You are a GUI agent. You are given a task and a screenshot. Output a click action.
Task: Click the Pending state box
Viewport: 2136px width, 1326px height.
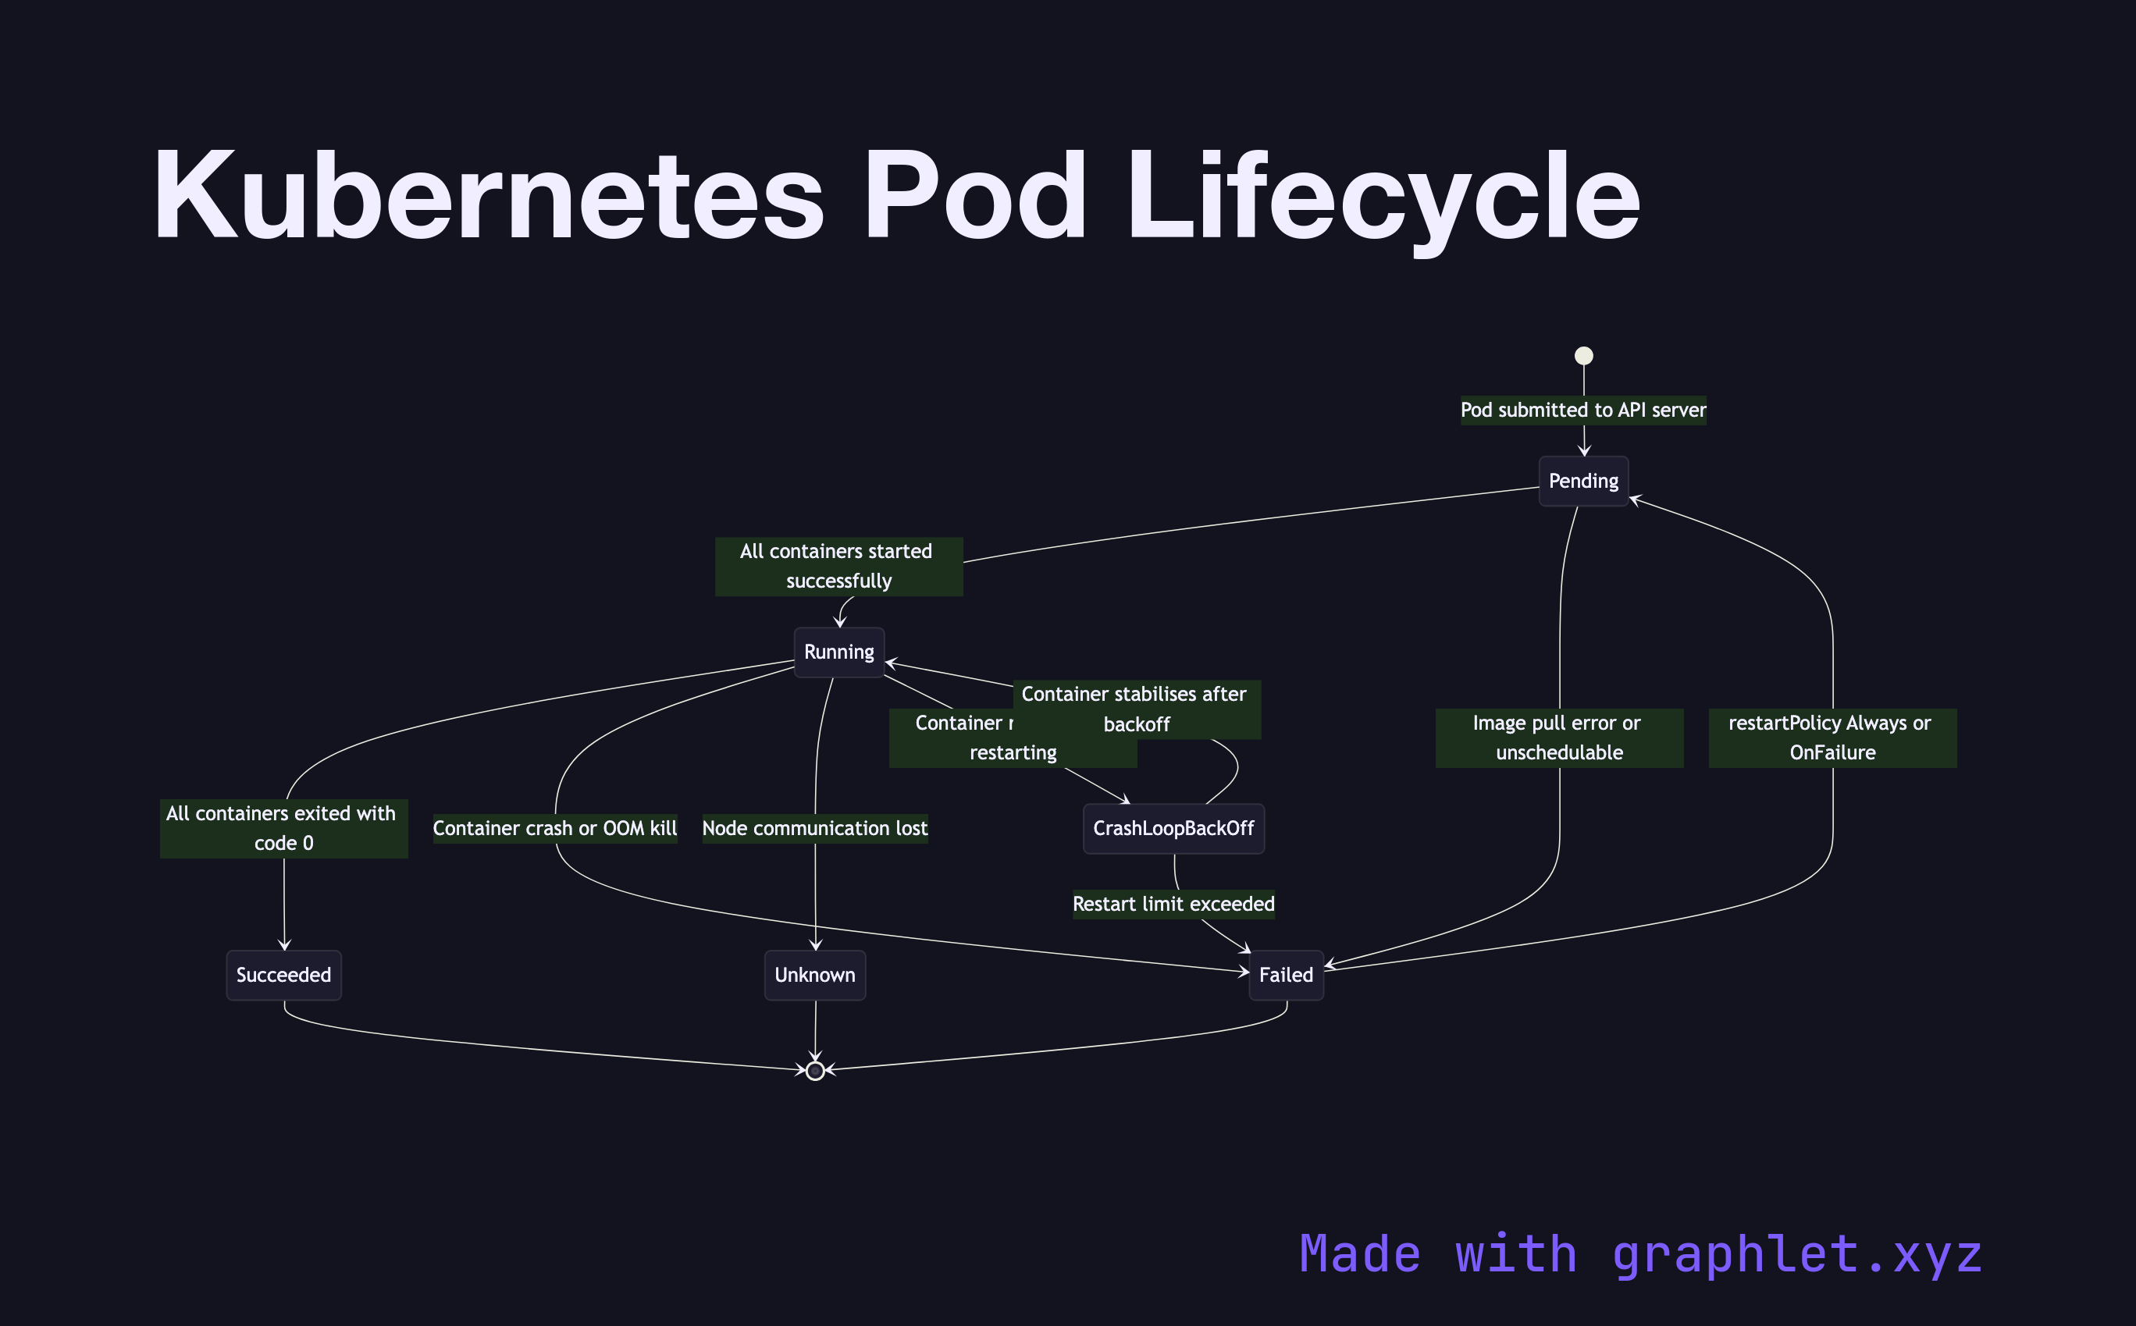pyautogui.click(x=1583, y=481)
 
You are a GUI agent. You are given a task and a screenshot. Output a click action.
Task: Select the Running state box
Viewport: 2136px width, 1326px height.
pyautogui.click(x=838, y=652)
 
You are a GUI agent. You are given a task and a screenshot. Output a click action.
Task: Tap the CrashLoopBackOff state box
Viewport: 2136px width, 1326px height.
pyautogui.click(x=1173, y=828)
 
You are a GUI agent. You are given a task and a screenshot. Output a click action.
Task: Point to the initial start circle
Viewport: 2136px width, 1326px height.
pyautogui.click(x=1583, y=355)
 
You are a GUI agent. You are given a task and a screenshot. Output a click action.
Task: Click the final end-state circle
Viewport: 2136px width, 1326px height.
pyautogui.click(x=815, y=1070)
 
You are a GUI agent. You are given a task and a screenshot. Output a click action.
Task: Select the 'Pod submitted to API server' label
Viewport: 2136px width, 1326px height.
pyautogui.click(x=1582, y=410)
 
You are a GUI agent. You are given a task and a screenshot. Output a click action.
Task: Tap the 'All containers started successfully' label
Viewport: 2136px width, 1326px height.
pyautogui.click(x=838, y=566)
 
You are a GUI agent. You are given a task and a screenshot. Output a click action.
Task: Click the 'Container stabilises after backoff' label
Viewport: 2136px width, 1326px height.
pyautogui.click(x=1136, y=709)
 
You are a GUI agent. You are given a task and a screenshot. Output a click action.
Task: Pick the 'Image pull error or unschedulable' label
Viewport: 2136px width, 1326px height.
pyautogui.click(x=1558, y=738)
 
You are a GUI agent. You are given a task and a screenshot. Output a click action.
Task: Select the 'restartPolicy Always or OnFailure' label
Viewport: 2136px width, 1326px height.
pyautogui.click(x=1832, y=738)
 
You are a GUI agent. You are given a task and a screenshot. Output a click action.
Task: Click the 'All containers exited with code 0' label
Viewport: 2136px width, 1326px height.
pyautogui.click(x=283, y=828)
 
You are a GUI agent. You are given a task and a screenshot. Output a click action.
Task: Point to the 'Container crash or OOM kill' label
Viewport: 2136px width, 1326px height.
pyautogui.click(x=554, y=828)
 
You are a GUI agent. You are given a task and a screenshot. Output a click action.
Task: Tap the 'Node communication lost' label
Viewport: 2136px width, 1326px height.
pyautogui.click(x=814, y=828)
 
